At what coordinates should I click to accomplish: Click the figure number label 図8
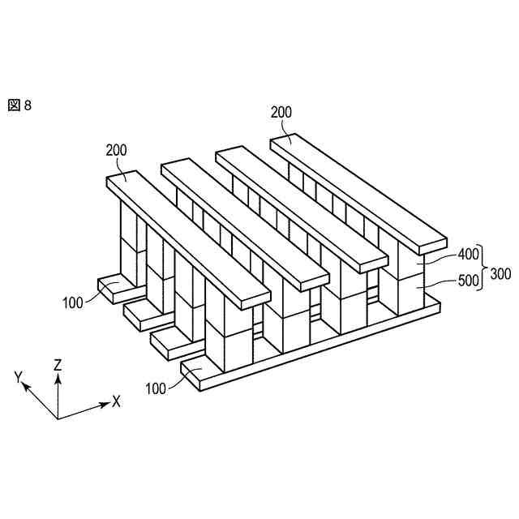pyautogui.click(x=20, y=105)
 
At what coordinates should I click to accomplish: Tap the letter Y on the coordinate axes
pyautogui.click(x=17, y=377)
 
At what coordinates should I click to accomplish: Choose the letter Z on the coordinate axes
pyautogui.click(x=58, y=366)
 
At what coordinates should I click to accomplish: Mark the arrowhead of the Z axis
pyautogui.click(x=58, y=378)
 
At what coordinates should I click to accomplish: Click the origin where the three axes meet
pyautogui.click(x=58, y=418)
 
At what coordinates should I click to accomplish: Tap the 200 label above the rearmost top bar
pyautogui.click(x=281, y=112)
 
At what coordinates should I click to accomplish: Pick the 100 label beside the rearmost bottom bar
pyautogui.click(x=73, y=302)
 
